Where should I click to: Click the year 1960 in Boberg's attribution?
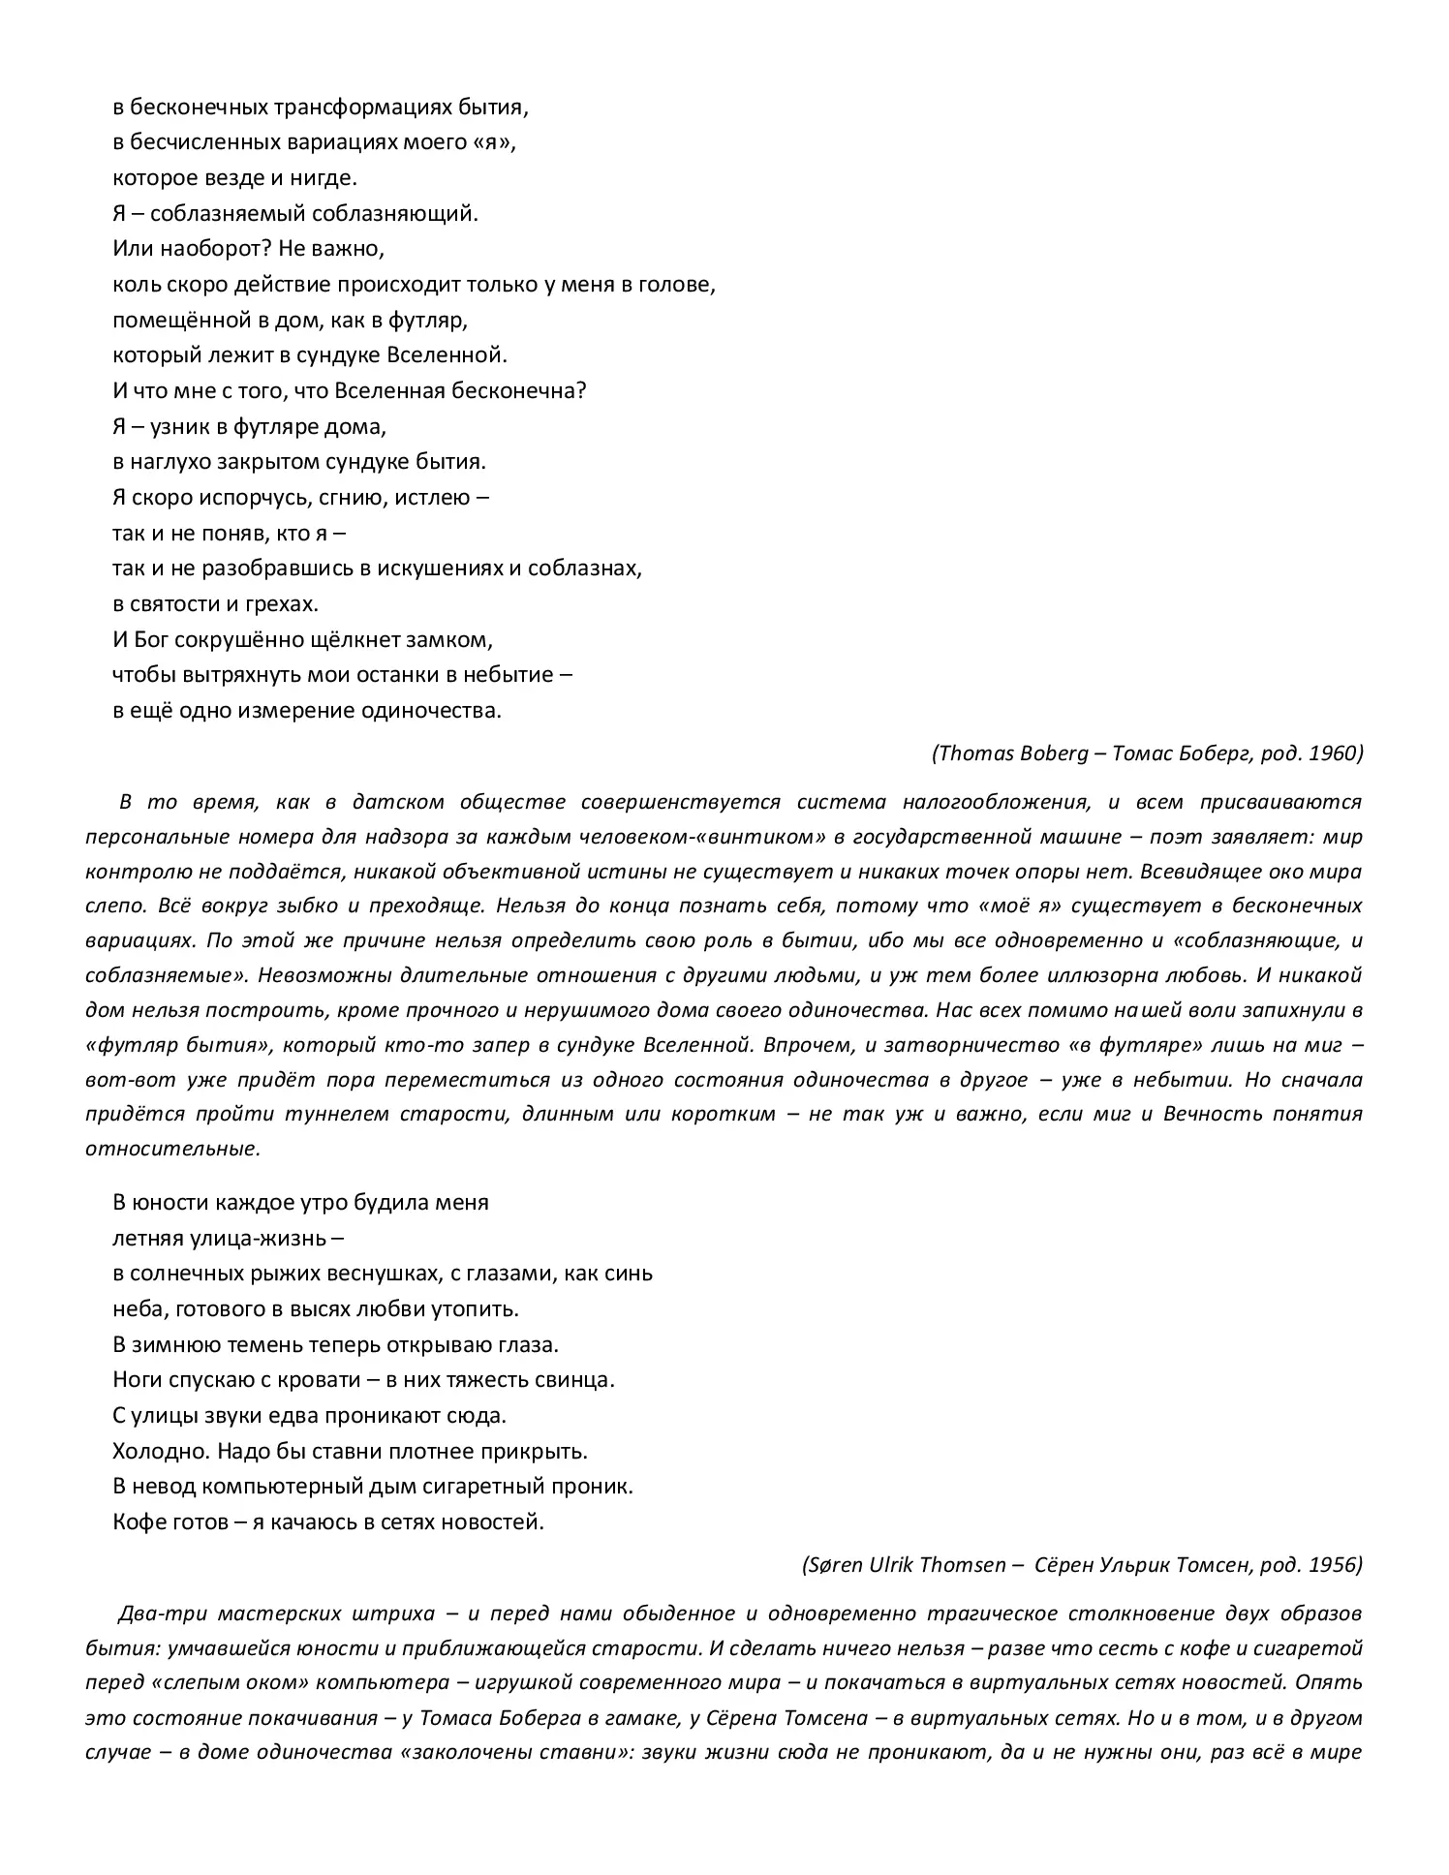tap(1335, 753)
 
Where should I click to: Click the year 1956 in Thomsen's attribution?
tap(1335, 1564)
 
